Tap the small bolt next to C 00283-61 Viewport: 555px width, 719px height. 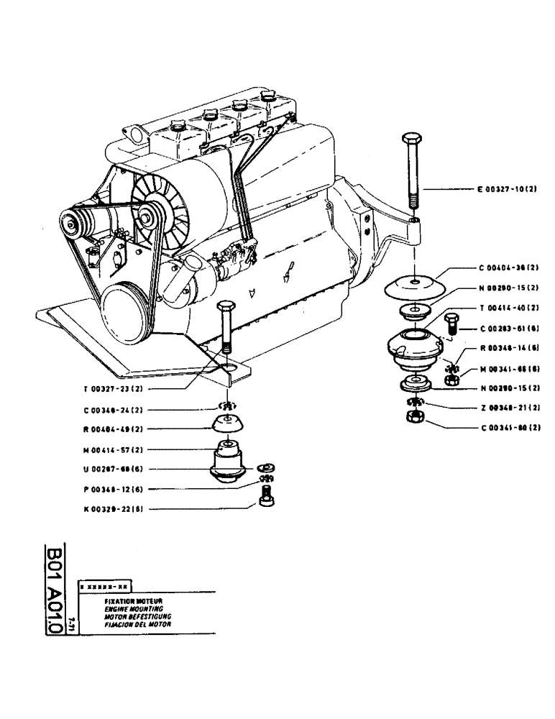tap(451, 321)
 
